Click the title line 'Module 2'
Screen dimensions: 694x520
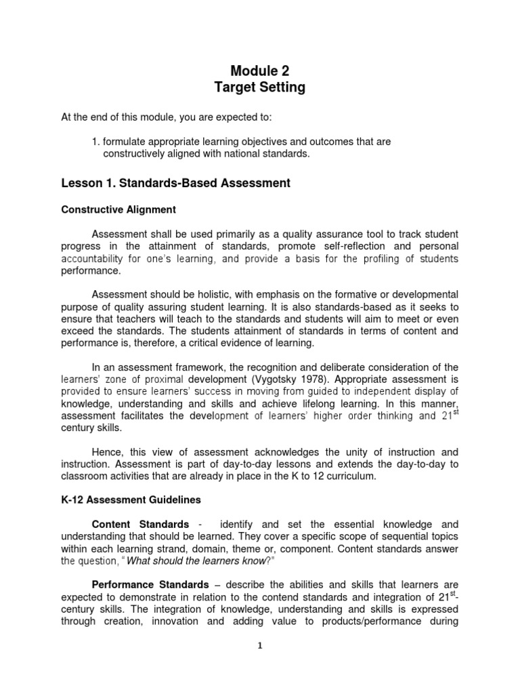(x=260, y=70)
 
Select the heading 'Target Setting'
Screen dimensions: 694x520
(x=260, y=87)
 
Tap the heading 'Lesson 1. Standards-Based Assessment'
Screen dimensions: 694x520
(x=176, y=183)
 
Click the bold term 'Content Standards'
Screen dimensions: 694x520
(x=140, y=525)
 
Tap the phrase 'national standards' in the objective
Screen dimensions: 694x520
(x=270, y=154)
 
